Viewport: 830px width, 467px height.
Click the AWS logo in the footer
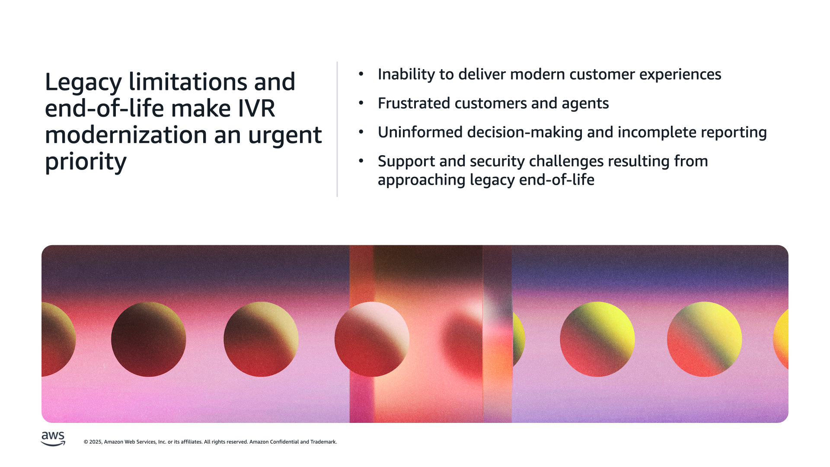[53, 438]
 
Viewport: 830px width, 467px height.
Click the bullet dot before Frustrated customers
[361, 103]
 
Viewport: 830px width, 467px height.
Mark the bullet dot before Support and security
[361, 161]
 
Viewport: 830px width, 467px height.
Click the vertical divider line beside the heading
[337, 129]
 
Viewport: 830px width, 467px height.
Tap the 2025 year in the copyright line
[96, 442]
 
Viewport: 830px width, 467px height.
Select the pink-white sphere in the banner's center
[372, 339]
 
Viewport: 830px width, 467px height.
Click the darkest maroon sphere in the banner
[149, 339]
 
